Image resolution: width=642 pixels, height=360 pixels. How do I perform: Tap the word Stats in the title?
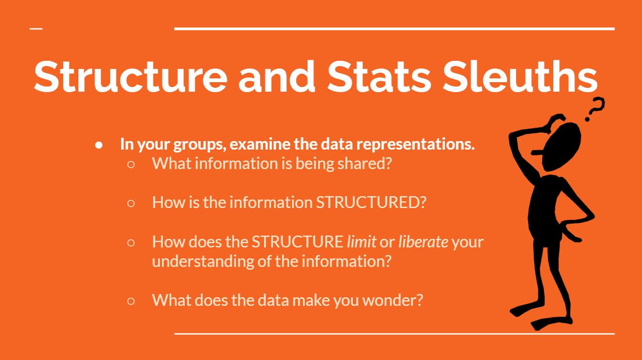coord(379,76)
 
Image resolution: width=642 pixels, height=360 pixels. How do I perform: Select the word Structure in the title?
coord(131,76)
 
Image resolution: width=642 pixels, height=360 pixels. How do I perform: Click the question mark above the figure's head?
coord(595,109)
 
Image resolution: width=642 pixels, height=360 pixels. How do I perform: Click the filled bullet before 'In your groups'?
coord(99,145)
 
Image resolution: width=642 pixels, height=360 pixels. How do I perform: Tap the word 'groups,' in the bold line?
coord(199,144)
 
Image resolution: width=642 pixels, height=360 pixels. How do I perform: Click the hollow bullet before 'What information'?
coord(131,164)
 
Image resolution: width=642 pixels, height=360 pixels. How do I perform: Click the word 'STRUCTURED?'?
coord(371,202)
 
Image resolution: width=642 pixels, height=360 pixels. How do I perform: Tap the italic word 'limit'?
coord(361,242)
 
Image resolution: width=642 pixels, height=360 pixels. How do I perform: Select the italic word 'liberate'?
coord(423,242)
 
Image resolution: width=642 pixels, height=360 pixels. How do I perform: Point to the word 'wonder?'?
coord(393,300)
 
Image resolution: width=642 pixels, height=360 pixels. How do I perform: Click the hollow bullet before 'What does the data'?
coord(131,301)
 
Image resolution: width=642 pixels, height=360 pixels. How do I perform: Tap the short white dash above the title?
coord(36,28)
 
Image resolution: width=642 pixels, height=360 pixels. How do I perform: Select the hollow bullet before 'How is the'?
coord(131,203)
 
